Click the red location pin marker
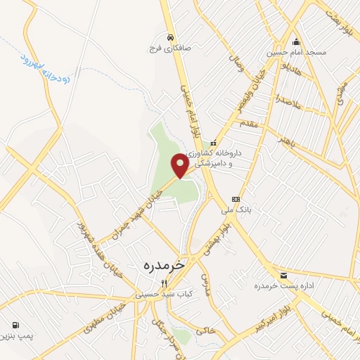[180, 165]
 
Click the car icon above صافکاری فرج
[169, 37]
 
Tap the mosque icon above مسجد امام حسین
[296, 40]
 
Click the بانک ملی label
[236, 210]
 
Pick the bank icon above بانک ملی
[236, 198]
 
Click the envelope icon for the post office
[283, 275]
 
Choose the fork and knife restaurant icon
[164, 283]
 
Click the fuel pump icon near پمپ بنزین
[15, 325]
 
